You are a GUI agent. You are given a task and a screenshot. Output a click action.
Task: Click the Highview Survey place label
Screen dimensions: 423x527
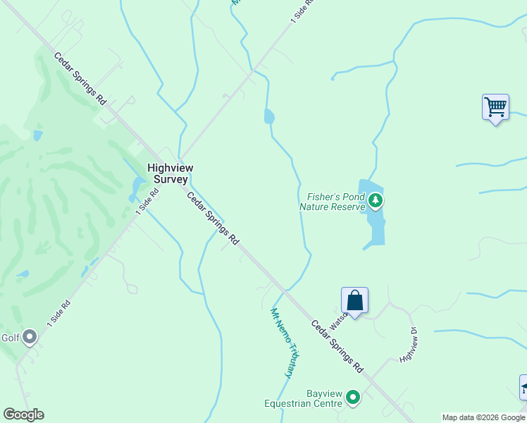pyautogui.click(x=169, y=173)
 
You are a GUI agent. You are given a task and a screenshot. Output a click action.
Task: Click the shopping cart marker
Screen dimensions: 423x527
pyautogui.click(x=495, y=108)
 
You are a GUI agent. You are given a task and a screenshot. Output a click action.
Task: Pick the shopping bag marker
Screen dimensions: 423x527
pyautogui.click(x=354, y=300)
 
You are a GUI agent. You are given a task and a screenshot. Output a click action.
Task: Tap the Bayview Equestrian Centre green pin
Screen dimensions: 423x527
pyautogui.click(x=353, y=398)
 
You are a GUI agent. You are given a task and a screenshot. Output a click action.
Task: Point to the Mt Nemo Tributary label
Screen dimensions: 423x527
pyautogui.click(x=283, y=342)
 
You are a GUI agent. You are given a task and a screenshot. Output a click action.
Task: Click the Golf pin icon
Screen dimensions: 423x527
pyautogui.click(x=30, y=337)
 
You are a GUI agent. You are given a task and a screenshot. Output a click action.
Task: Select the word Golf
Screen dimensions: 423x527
pyautogui.click(x=10, y=338)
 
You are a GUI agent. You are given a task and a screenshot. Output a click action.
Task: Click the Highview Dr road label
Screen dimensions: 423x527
pyautogui.click(x=409, y=345)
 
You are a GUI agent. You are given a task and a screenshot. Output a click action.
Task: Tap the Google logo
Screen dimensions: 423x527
pyautogui.click(x=23, y=415)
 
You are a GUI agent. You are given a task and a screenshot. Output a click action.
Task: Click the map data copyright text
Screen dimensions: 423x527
pyautogui.click(x=483, y=417)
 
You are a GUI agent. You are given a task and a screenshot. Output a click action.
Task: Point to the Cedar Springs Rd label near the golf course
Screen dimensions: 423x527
pyautogui.click(x=80, y=79)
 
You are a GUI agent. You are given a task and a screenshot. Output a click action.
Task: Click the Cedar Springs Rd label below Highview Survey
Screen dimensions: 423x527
pyautogui.click(x=212, y=219)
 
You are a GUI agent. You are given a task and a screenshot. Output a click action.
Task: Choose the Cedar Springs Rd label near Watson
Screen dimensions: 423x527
pyautogui.click(x=337, y=347)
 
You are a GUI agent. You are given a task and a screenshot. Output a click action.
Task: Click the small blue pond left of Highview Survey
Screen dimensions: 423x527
pyautogui.click(x=137, y=187)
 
